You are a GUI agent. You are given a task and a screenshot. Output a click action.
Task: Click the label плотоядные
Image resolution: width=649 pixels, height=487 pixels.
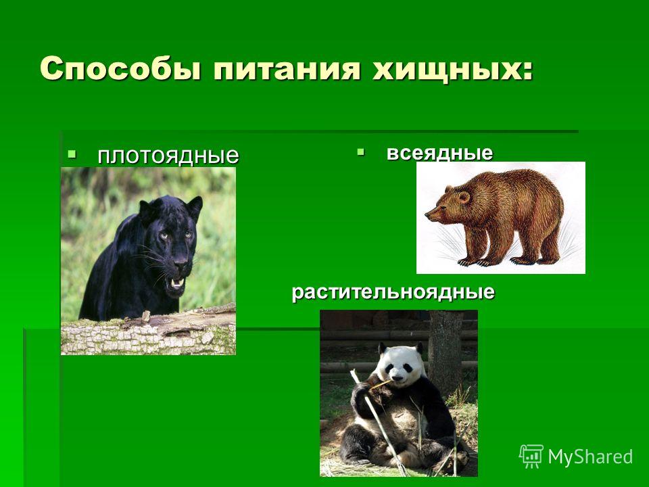tap(168, 156)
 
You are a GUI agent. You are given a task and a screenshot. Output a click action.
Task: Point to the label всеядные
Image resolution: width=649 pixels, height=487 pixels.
tap(439, 153)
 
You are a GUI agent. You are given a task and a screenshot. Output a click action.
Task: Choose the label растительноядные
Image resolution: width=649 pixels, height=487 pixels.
tap(393, 292)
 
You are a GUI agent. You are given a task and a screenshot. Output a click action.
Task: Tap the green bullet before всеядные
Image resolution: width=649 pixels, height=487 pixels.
tap(360, 152)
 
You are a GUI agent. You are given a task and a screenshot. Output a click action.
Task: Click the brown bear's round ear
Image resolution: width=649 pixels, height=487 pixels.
tap(464, 197)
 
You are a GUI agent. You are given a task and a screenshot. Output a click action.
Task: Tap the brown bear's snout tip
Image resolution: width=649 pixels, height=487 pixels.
tap(427, 214)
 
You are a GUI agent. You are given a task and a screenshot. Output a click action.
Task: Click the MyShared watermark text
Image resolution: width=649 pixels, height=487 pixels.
tap(590, 457)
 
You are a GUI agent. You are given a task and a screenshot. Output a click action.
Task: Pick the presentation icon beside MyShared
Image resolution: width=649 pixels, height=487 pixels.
tap(531, 456)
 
